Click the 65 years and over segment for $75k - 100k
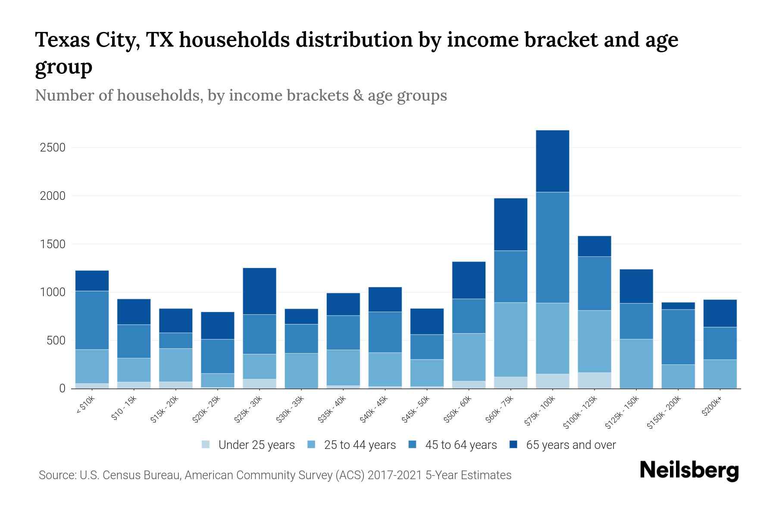(553, 161)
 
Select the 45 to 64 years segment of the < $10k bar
(92, 320)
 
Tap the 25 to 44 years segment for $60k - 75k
(510, 339)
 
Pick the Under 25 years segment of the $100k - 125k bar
(595, 380)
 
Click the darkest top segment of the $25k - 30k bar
(260, 291)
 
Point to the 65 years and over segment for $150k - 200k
(678, 306)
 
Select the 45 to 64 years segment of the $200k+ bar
(720, 343)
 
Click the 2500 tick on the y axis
(52, 148)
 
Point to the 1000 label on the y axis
(52, 292)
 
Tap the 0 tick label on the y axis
(62, 388)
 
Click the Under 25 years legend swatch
(206, 444)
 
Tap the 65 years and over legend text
(571, 445)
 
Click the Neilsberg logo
(689, 470)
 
